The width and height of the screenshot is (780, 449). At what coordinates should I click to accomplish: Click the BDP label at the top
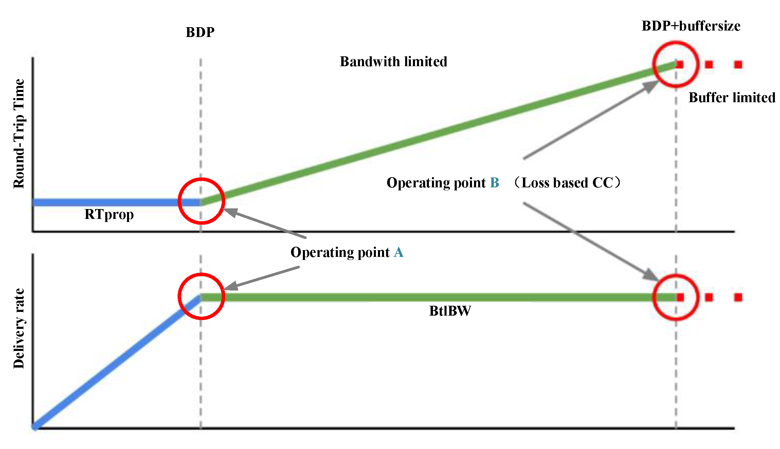click(x=200, y=32)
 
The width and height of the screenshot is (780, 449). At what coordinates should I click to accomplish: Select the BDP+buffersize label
click(x=691, y=26)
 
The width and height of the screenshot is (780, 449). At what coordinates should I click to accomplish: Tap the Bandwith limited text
click(x=393, y=62)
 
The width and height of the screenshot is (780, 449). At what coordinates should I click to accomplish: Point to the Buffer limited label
click(x=732, y=98)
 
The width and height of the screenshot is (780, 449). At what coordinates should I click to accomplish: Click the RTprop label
click(x=109, y=214)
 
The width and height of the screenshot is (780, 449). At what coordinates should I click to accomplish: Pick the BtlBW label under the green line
click(x=450, y=311)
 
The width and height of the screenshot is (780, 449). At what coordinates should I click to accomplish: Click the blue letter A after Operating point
click(x=399, y=252)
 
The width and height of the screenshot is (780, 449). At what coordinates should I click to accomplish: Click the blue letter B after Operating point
click(x=494, y=183)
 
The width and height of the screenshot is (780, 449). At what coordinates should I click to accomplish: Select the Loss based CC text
click(x=567, y=183)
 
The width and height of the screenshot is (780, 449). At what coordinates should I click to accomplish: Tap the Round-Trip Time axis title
click(x=19, y=134)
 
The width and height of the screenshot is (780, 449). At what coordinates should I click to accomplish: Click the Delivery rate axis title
click(x=19, y=329)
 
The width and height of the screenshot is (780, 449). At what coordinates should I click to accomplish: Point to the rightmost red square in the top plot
click(x=738, y=64)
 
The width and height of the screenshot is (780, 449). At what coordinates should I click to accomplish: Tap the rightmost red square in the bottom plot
click(x=738, y=298)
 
